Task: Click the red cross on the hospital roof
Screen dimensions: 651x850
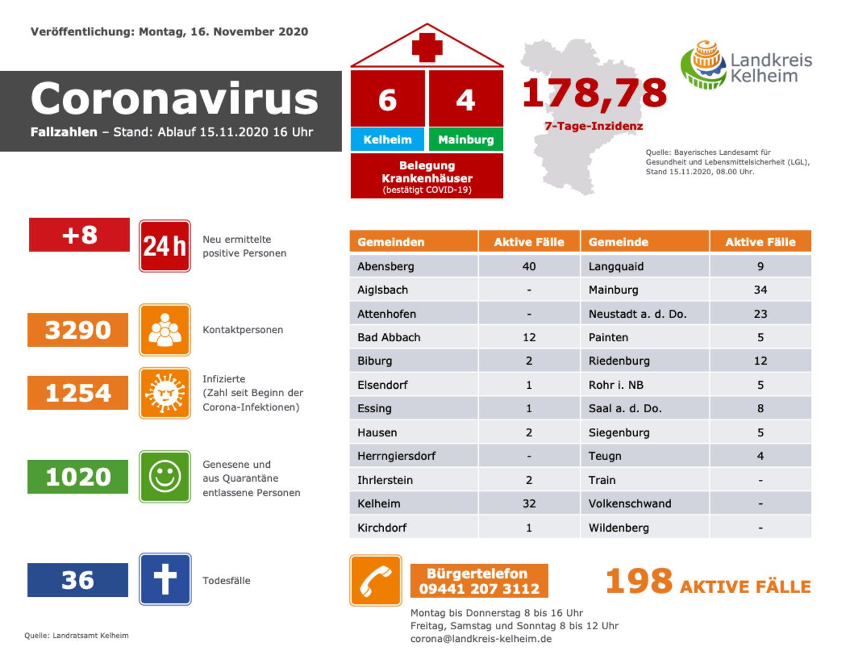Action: click(427, 48)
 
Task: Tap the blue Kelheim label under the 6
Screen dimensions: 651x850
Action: click(387, 140)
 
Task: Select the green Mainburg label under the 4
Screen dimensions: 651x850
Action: click(466, 140)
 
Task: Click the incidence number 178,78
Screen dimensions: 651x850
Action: click(594, 93)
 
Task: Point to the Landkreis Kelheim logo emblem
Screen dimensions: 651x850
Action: click(705, 65)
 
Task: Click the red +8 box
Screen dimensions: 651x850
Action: click(80, 235)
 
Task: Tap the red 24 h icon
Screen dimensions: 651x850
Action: click(165, 246)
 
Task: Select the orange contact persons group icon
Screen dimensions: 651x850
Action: click(165, 330)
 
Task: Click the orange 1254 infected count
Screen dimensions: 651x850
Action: click(78, 393)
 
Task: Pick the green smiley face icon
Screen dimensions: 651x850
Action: click(165, 477)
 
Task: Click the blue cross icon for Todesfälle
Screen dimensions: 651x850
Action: click(165, 579)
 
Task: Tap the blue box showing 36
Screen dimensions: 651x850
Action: click(78, 580)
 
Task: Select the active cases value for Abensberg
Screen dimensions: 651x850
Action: click(528, 266)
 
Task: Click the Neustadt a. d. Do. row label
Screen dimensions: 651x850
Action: click(637, 314)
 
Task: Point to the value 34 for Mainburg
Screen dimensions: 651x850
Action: click(760, 290)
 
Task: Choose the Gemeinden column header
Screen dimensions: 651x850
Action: click(392, 242)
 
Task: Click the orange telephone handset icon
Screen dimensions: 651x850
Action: click(375, 580)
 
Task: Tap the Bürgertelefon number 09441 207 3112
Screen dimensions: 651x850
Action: click(479, 589)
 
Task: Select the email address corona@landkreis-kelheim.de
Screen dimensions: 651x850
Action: click(481, 639)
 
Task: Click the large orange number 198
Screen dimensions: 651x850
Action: click(639, 580)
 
